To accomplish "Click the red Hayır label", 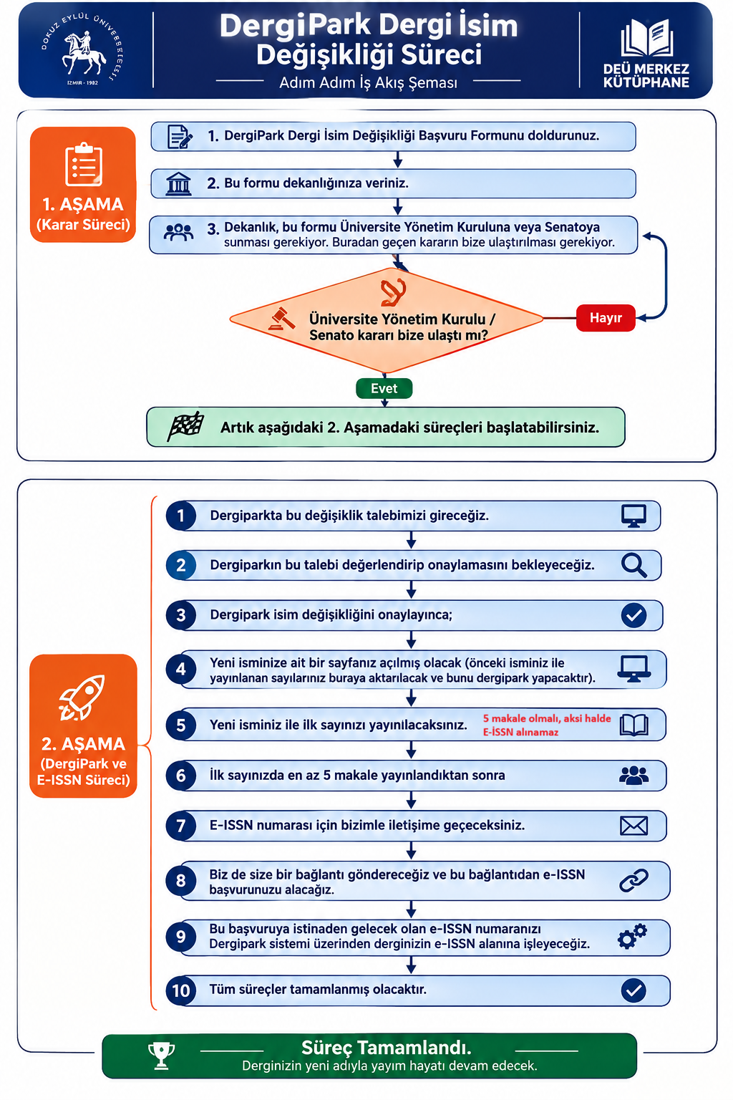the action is [606, 318].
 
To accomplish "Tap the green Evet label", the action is [384, 388].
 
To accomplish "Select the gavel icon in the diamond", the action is [282, 319].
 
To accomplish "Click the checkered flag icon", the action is [185, 426].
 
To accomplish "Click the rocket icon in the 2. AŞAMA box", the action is [82, 698].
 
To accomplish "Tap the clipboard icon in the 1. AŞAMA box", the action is [84, 165].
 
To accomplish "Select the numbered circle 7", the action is [180, 826].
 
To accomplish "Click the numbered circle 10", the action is [180, 990].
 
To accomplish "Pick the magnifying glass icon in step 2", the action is [634, 565].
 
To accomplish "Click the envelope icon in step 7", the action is [634, 826].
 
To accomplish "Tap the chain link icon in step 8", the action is [634, 880].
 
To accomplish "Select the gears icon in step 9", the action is [632, 936].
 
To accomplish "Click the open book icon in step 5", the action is [634, 725].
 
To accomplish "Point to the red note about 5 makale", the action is [547, 725].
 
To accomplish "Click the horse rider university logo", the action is [82, 49].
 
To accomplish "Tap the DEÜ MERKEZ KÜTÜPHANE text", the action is [646, 76].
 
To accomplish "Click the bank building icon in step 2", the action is [178, 183].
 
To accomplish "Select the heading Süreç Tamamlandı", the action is [387, 1048].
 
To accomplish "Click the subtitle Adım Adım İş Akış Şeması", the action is [368, 82].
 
